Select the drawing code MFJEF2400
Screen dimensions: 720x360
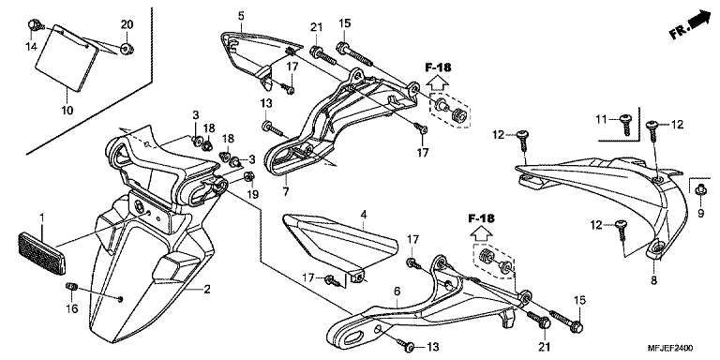[x=670, y=348]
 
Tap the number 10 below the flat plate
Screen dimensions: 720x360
[x=67, y=111]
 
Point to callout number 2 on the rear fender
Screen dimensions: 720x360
[x=207, y=290]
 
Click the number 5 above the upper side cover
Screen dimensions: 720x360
[x=241, y=16]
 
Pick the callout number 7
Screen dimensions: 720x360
[x=286, y=192]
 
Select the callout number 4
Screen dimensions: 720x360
[x=364, y=215]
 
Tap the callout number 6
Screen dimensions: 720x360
[x=397, y=292]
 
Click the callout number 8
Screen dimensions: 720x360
[x=653, y=279]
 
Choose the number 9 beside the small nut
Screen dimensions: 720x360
[x=700, y=213]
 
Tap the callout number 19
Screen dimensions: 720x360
[x=252, y=194]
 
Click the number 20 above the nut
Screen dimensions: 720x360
[x=127, y=24]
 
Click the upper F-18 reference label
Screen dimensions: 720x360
[x=438, y=67]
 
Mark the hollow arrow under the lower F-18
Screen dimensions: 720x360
[x=481, y=233]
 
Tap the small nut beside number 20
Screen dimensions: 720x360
[x=127, y=47]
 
